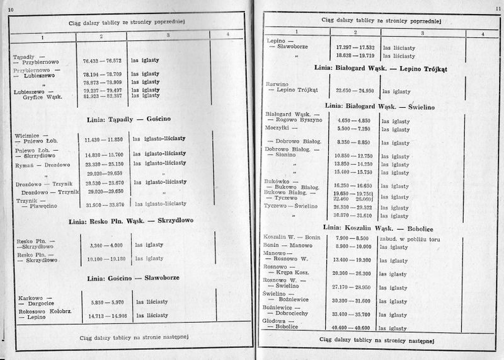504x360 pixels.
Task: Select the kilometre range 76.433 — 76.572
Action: point(103,61)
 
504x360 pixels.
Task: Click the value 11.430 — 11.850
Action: point(102,137)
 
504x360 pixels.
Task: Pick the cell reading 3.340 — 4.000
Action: point(102,245)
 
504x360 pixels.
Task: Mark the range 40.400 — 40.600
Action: point(354,328)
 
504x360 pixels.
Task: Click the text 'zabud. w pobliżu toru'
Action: point(408,238)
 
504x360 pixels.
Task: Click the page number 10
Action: point(10,6)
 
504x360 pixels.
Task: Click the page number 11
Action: point(496,6)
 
